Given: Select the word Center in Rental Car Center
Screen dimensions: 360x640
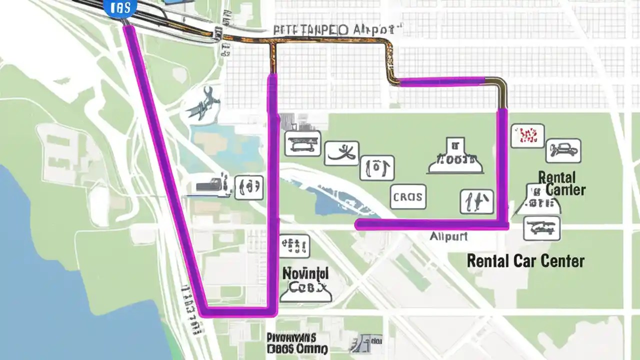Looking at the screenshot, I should (563, 260).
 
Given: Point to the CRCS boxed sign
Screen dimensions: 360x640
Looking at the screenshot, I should (407, 196).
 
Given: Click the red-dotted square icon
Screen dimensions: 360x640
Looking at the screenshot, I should (527, 136).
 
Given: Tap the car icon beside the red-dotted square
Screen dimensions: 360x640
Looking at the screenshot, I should (563, 150).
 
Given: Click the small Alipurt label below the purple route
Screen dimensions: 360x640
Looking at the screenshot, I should (448, 236).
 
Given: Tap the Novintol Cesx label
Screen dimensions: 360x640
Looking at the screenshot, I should (305, 280).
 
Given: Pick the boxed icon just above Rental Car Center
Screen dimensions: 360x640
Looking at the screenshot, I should (541, 228).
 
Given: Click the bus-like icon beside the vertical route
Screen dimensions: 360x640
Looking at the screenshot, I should (302, 143).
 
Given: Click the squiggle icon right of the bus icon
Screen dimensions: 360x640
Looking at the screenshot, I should (341, 153).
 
